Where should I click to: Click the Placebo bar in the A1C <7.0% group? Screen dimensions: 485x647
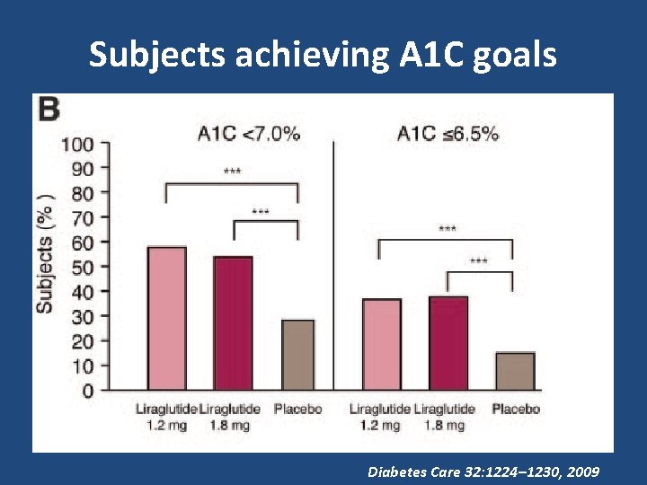click(x=297, y=355)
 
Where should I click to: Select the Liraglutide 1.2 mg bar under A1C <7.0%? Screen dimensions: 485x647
click(x=167, y=319)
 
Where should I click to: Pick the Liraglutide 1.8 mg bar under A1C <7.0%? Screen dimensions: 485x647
click(x=233, y=323)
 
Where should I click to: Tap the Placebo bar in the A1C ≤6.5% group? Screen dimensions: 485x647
click(x=515, y=371)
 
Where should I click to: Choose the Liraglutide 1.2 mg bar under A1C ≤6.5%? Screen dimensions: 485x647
click(x=382, y=344)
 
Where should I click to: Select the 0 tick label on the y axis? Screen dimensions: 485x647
click(x=88, y=392)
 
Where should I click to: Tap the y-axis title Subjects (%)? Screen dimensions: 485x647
click(x=45, y=254)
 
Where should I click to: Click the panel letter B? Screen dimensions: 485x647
click(x=48, y=110)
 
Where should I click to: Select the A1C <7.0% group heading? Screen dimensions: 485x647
click(x=249, y=134)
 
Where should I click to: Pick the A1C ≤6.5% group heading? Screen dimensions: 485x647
click(x=448, y=134)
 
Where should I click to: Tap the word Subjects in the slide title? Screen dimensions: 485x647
click(x=157, y=56)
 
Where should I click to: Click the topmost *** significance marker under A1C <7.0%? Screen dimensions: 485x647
click(x=232, y=170)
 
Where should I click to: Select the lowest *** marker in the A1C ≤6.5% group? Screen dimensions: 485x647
click(x=479, y=260)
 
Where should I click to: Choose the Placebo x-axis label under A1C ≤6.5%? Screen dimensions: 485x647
click(x=516, y=410)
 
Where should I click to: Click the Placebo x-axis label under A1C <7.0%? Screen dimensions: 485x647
click(x=297, y=410)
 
